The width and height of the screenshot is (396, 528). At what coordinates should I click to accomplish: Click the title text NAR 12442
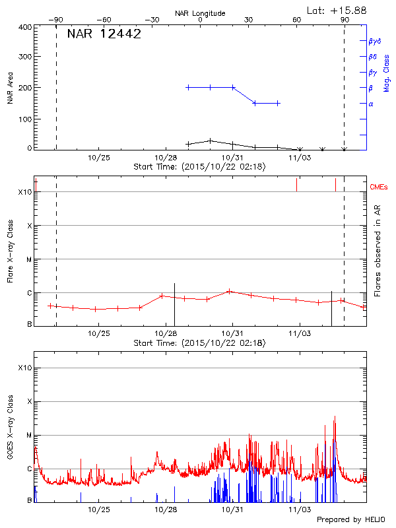pos(104,34)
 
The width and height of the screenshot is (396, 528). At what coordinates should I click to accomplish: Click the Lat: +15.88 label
pos(337,10)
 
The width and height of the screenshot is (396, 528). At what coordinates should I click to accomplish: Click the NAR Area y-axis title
pos(10,88)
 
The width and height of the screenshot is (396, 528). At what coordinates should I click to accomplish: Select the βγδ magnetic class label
pos(374,41)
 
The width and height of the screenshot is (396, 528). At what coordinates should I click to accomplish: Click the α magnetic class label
pos(371,104)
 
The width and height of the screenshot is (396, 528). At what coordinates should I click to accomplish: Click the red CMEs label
pos(380,187)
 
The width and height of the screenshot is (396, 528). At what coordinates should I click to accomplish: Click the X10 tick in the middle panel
pos(25,192)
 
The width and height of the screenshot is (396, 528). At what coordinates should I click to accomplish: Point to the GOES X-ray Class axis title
pos(10,432)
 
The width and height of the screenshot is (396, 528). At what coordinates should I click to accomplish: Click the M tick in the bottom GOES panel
pos(28,435)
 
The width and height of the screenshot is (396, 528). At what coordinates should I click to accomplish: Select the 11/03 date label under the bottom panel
pos(300,510)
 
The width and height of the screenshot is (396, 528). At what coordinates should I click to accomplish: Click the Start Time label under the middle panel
pos(199,343)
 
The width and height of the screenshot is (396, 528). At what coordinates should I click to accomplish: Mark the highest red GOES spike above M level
pos(335,417)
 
